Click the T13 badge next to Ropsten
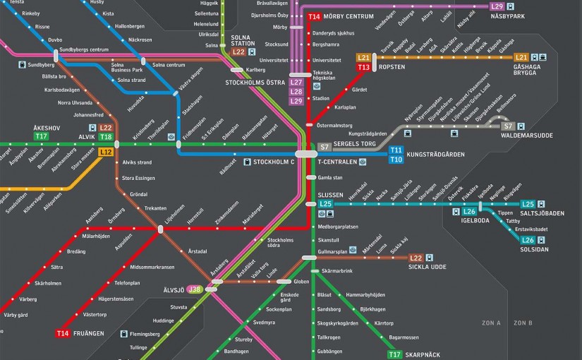[364, 67]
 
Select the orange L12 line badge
[106, 151]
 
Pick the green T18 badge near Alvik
[106, 137]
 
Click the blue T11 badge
[396, 150]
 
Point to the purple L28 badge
[296, 92]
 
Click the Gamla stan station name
[330, 177]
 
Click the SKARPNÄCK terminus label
[432, 355]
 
